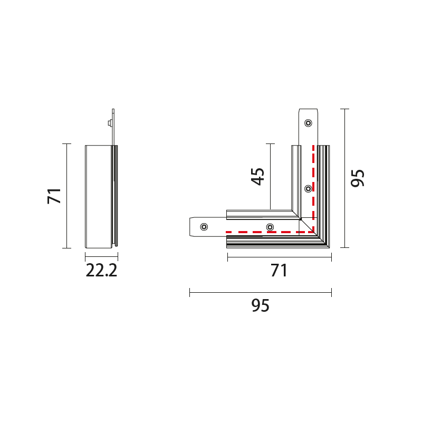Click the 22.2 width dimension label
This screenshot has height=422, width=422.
(x=101, y=271)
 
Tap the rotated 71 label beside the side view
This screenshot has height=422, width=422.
(x=54, y=196)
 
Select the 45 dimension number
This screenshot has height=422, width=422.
(x=257, y=177)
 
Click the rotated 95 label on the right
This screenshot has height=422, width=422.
(x=358, y=178)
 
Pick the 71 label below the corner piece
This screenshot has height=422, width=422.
(x=279, y=271)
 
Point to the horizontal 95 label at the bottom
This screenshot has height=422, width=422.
(x=260, y=305)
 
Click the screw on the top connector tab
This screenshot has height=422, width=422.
(x=308, y=123)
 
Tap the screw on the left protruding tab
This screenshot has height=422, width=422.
(x=204, y=227)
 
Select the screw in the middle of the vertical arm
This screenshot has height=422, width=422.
(x=308, y=189)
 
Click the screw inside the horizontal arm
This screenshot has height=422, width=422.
(x=270, y=227)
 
